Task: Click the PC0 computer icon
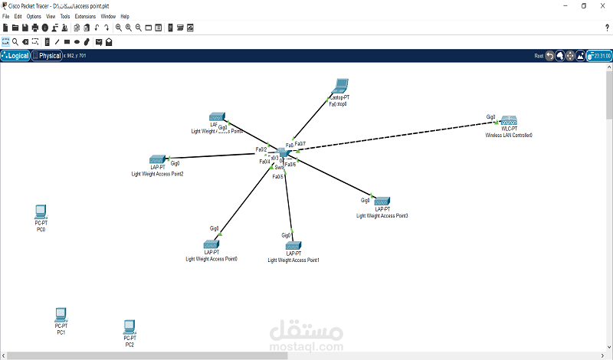coord(41,211)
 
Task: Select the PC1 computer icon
coord(61,314)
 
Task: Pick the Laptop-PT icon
coord(339,87)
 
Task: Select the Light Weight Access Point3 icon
coord(382,201)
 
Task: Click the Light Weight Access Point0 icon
coord(211,244)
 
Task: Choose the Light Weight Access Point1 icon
coord(293,245)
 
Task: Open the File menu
coord(6,16)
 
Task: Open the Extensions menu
coord(85,16)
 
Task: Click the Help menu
coord(125,16)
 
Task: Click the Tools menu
coord(64,16)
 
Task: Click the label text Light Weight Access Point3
coord(382,216)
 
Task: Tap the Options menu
coord(34,16)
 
